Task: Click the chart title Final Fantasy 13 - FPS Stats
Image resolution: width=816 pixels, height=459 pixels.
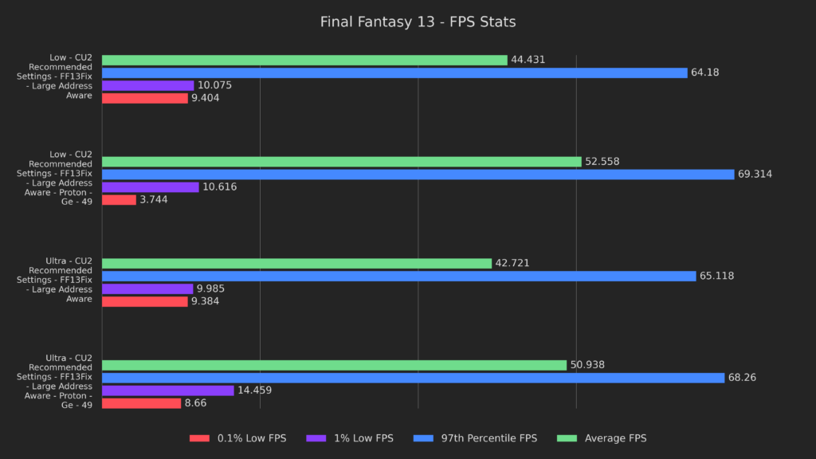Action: point(418,22)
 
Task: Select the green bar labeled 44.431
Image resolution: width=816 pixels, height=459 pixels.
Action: point(304,60)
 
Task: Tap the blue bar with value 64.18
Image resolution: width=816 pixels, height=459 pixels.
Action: point(394,73)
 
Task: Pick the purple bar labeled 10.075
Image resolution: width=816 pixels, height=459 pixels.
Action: point(148,85)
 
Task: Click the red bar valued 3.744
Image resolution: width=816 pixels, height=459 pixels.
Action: point(119,200)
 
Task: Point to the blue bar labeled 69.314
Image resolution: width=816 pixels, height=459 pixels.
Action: point(418,175)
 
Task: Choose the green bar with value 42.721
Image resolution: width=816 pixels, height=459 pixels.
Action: point(296,263)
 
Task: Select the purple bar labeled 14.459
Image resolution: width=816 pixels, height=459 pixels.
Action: point(168,390)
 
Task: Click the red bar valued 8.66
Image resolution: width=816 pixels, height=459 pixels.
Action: point(142,403)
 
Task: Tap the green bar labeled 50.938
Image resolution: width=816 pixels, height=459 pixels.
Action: point(334,365)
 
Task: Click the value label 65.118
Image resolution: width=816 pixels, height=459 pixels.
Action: point(716,276)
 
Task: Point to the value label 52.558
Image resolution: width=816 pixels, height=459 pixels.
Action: point(602,162)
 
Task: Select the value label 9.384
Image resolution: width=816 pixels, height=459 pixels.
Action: point(205,301)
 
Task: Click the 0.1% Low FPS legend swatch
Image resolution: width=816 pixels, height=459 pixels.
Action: point(199,438)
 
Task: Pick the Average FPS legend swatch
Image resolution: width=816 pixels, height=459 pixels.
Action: point(567,438)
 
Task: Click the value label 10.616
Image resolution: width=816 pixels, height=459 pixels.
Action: point(219,187)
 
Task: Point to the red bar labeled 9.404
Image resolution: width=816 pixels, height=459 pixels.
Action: point(145,98)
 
